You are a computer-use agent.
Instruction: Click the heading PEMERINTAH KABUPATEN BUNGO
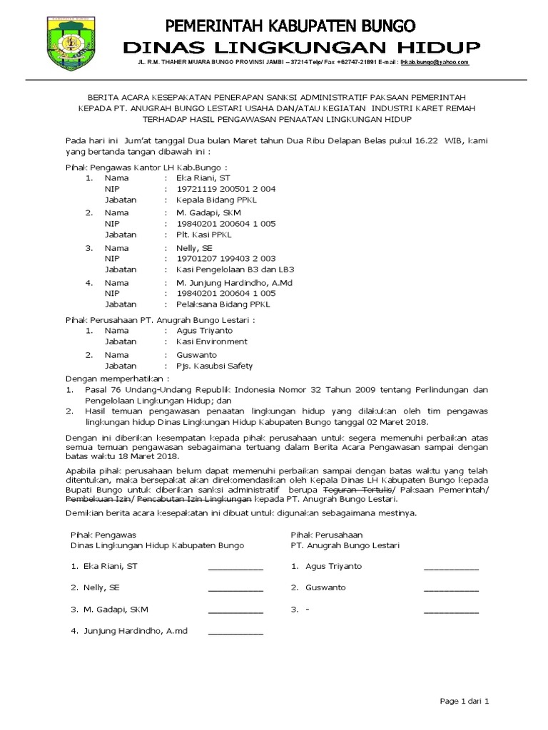(x=290, y=27)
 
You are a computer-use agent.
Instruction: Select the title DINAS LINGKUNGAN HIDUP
(x=301, y=47)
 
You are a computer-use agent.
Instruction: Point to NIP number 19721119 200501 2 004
(x=220, y=189)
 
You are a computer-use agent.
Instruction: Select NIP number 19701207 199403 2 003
(x=220, y=258)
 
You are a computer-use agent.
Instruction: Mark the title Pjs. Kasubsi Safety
(x=209, y=366)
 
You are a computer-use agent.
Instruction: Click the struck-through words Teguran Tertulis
(x=357, y=491)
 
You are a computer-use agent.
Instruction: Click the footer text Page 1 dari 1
(x=465, y=702)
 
